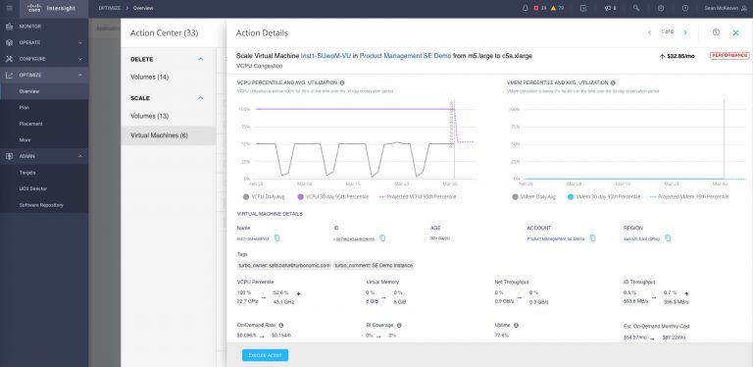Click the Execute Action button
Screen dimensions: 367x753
coord(265,354)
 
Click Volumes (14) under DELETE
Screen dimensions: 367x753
coord(150,77)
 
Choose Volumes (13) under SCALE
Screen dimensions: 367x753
coord(150,116)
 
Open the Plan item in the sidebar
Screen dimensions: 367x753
coord(25,107)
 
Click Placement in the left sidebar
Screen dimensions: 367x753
coord(30,124)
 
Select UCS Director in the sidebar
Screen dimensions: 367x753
coord(34,188)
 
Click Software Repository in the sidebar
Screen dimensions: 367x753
coord(42,204)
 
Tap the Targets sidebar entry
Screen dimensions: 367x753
coord(27,172)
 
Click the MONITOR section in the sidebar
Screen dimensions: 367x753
coord(30,26)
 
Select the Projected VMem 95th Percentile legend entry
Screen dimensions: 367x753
coord(692,196)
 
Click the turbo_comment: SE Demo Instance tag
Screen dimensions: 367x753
coord(375,265)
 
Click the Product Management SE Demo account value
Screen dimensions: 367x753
coord(555,238)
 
